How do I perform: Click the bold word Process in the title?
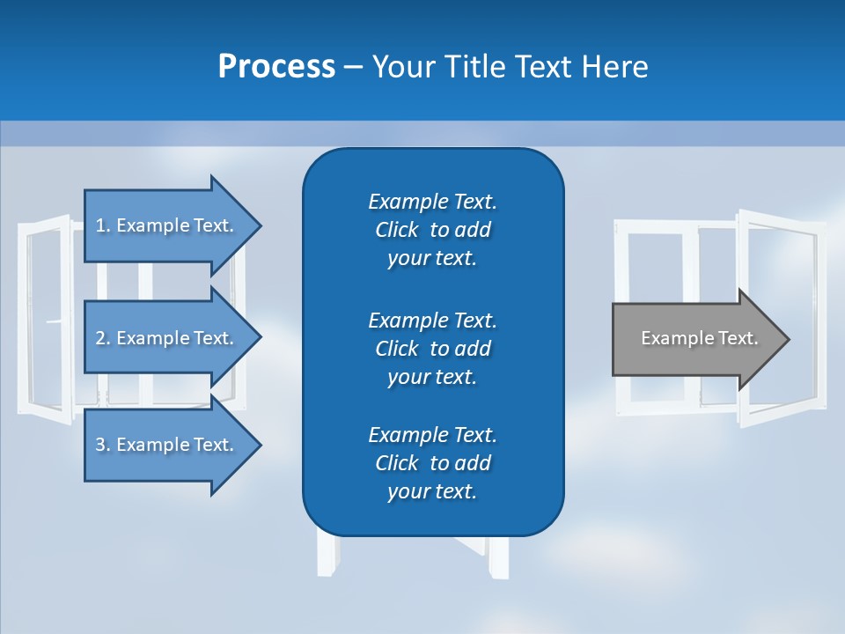click(276, 67)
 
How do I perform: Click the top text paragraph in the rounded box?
click(432, 230)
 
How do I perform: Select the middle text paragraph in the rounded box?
click(432, 349)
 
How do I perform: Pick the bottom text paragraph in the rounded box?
click(432, 463)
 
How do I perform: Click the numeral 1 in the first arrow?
click(100, 225)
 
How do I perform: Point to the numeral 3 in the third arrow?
click(100, 445)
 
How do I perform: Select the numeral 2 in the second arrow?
click(100, 338)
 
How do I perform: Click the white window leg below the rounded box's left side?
click(327, 555)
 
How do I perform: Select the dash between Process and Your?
click(353, 68)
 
